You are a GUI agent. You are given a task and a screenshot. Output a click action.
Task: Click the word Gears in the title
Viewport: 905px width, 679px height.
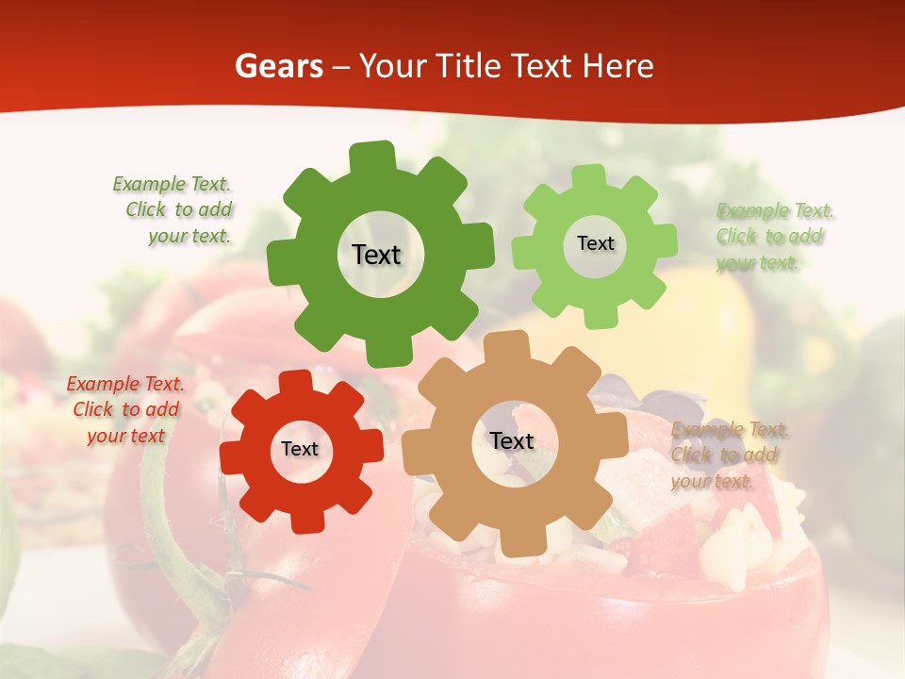tap(278, 66)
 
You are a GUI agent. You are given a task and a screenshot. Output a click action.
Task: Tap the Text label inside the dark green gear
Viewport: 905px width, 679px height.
tap(376, 255)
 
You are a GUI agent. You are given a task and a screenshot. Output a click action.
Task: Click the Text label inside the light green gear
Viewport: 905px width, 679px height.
tap(595, 243)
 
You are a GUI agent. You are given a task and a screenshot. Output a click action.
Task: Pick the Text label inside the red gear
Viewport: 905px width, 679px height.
tap(300, 449)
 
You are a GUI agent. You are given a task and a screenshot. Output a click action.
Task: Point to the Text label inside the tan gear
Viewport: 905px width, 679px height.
tap(512, 440)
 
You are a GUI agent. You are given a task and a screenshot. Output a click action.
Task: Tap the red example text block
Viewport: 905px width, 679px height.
tap(124, 409)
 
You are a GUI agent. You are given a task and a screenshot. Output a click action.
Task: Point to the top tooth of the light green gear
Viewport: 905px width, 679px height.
tap(589, 177)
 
